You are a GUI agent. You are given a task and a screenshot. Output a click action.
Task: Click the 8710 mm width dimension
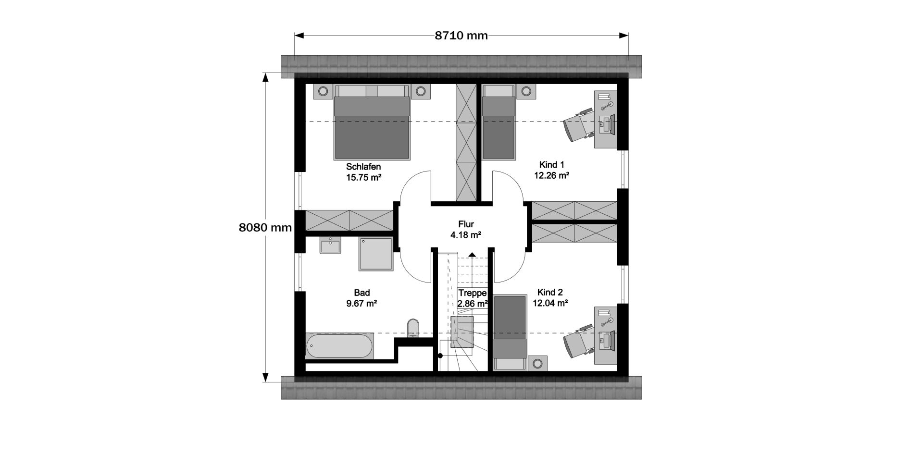(461, 35)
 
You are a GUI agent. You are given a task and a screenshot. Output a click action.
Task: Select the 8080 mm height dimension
(265, 227)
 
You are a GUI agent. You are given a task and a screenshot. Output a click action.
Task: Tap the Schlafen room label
(363, 167)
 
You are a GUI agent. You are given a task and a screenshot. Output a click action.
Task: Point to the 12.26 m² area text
(551, 176)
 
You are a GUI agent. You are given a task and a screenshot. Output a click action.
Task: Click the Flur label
(466, 224)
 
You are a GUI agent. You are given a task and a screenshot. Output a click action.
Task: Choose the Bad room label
(362, 293)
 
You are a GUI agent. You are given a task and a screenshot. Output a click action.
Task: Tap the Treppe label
(473, 293)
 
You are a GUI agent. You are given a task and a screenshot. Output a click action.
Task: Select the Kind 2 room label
(550, 292)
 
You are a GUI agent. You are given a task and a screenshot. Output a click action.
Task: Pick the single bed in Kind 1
(499, 122)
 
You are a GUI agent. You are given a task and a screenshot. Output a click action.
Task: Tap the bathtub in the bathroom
(339, 346)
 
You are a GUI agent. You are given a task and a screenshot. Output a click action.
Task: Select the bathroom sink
(330, 245)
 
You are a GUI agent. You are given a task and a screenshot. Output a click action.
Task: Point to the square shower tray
(376, 254)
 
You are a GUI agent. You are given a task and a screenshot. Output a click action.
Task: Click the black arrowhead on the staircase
(472, 255)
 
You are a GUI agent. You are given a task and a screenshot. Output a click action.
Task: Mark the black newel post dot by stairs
(440, 356)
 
